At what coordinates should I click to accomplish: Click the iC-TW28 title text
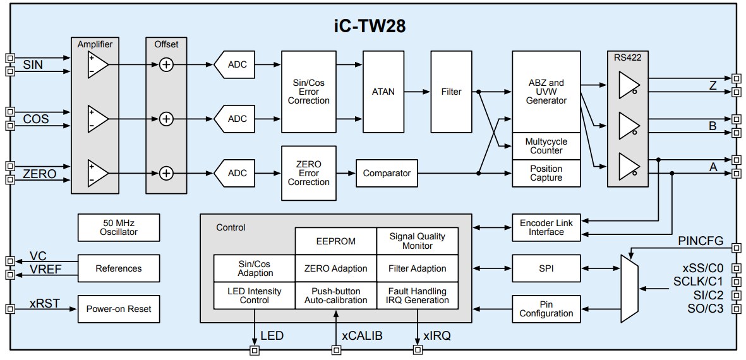370,26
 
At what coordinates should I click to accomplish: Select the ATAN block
383,92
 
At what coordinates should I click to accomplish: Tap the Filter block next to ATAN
451,92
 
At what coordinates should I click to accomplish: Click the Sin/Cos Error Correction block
309,92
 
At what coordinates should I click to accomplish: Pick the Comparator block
387,173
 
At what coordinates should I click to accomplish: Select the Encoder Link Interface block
546,227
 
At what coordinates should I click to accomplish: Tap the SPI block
546,268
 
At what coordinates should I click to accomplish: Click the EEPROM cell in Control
335,241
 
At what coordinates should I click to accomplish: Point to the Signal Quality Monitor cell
417,241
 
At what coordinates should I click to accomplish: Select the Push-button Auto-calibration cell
335,296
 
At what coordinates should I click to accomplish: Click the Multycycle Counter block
546,146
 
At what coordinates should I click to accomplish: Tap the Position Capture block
546,173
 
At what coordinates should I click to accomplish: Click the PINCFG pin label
701,241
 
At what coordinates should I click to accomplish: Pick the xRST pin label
44,303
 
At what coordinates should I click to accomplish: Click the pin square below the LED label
255,349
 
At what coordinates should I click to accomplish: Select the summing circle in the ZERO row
166,173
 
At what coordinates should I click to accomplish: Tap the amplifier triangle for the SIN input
99,64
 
